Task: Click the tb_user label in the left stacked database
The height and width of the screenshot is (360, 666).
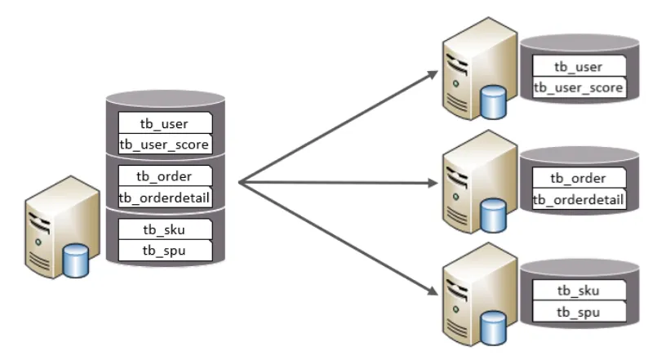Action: pyautogui.click(x=165, y=124)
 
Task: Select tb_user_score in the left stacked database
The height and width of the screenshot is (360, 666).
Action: pyautogui.click(x=165, y=144)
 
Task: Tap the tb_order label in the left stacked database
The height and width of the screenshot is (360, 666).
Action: pyautogui.click(x=165, y=176)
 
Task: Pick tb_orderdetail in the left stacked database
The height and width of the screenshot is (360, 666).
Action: pyautogui.click(x=165, y=196)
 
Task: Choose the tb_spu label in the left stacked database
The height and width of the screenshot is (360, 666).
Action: pyautogui.click(x=165, y=249)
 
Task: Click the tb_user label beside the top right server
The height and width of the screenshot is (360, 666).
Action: pyautogui.click(x=578, y=66)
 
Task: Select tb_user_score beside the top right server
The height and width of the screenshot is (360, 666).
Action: pyautogui.click(x=578, y=87)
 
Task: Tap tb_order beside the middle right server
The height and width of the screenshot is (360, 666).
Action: pyautogui.click(x=578, y=179)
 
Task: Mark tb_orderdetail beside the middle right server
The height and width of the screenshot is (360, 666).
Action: pyautogui.click(x=578, y=199)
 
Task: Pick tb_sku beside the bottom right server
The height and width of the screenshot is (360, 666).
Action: pyautogui.click(x=578, y=291)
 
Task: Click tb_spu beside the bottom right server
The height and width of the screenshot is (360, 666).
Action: pyautogui.click(x=578, y=312)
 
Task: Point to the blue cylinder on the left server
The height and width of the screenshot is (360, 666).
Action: pyautogui.click(x=76, y=261)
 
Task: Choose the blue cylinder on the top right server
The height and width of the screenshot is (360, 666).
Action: pyautogui.click(x=492, y=101)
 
